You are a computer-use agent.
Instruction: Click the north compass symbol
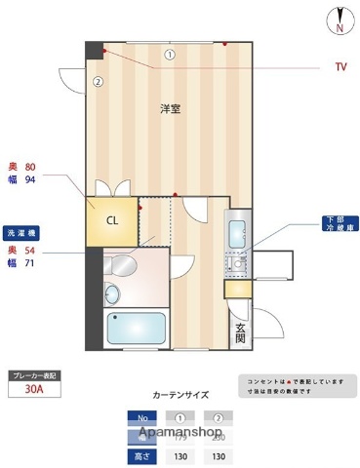coord(340,20)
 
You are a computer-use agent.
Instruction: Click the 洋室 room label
coord(170,108)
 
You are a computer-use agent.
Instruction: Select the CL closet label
coord(112,220)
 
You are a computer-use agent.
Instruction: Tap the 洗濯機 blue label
coord(21,234)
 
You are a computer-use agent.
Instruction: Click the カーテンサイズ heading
coord(180,396)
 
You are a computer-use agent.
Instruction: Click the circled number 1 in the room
coord(169,55)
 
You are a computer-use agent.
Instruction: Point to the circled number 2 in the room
coord(98,82)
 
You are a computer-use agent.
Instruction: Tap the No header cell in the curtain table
coord(140,417)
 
